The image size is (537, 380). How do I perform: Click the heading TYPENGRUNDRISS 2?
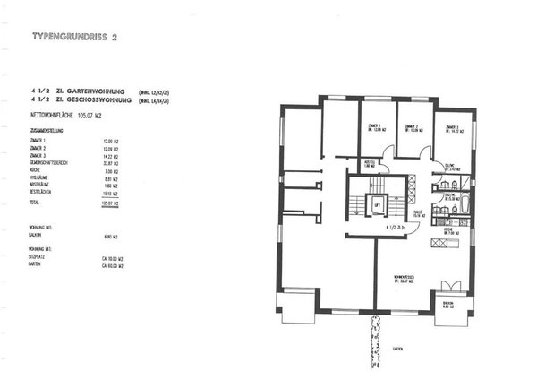(74, 37)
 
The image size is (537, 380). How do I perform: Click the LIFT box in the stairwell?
(377, 206)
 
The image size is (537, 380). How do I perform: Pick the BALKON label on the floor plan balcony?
(450, 304)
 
